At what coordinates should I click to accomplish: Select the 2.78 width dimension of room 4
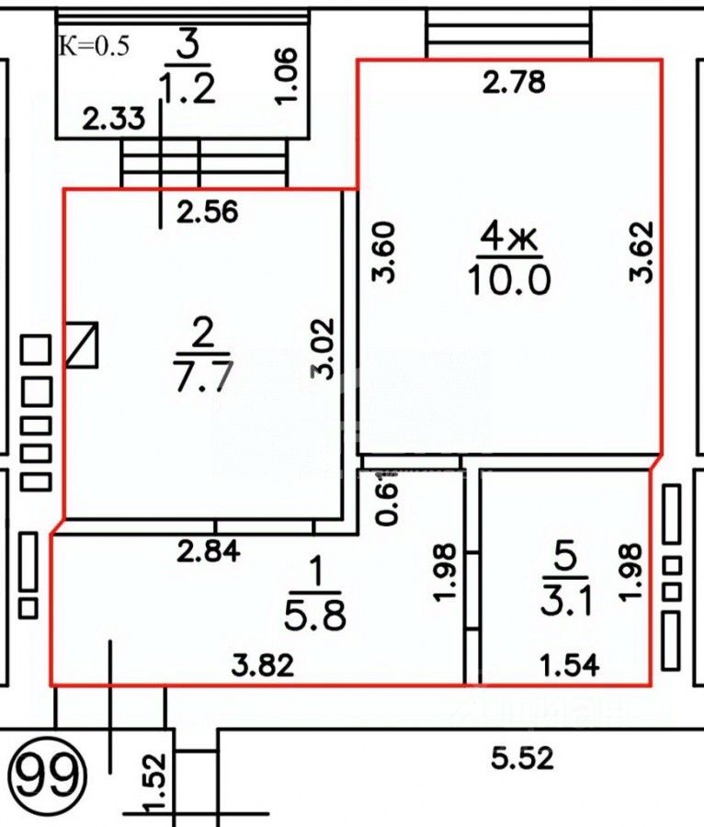pyautogui.click(x=515, y=83)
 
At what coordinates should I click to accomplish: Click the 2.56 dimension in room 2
pyautogui.click(x=208, y=213)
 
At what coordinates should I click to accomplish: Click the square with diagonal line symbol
pyautogui.click(x=80, y=345)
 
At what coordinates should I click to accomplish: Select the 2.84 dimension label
pyautogui.click(x=208, y=551)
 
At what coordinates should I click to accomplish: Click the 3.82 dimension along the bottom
pyautogui.click(x=263, y=665)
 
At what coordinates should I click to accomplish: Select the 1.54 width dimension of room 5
pyautogui.click(x=566, y=665)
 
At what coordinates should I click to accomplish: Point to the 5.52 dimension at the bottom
pyautogui.click(x=522, y=759)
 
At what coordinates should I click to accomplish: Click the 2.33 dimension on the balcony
pyautogui.click(x=114, y=119)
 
